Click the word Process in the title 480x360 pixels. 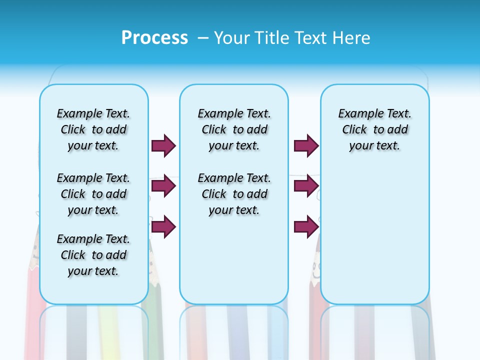click(154, 37)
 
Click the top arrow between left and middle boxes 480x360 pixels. click(163, 145)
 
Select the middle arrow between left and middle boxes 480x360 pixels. click(163, 186)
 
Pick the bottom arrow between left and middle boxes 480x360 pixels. click(163, 226)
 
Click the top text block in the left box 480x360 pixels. click(93, 129)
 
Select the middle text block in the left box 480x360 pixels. click(93, 194)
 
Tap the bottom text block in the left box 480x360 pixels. click(93, 255)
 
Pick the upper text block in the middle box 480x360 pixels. click(234, 129)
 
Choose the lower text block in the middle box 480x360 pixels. click(234, 194)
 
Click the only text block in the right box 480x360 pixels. click(374, 129)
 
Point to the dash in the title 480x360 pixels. click(203, 38)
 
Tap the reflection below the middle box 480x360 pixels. click(234, 330)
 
